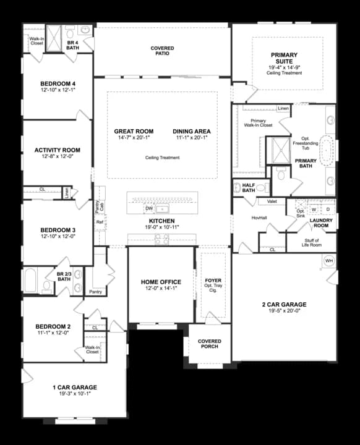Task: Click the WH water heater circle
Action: coord(328,261)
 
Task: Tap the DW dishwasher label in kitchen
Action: coord(149,208)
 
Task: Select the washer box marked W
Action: coord(314,210)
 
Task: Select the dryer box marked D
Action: coord(328,210)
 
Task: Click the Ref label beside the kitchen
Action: coord(99,222)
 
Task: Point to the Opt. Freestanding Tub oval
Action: coord(326,148)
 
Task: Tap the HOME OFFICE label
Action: coord(161,282)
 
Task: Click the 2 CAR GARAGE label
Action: coord(284,305)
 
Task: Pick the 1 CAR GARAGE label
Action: coord(75,387)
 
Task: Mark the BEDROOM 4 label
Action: coord(58,84)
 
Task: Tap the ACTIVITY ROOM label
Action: coord(58,150)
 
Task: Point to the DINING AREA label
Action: coord(191,132)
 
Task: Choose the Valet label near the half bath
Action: coord(272,201)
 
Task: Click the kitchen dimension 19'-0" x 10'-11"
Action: coord(161,227)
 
